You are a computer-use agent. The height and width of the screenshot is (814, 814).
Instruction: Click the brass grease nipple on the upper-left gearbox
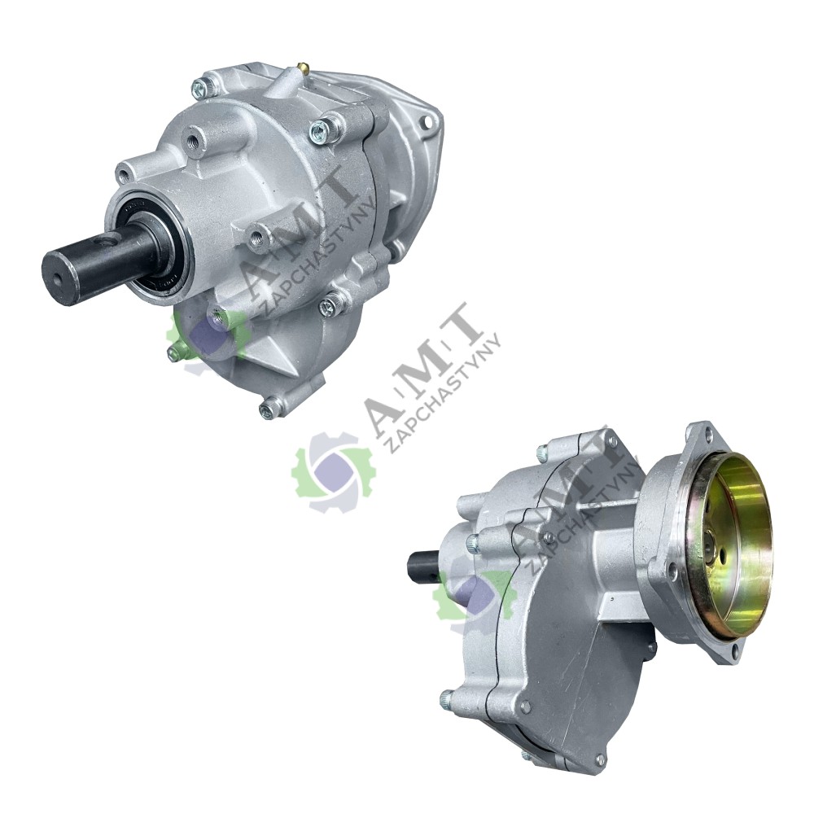(302, 67)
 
